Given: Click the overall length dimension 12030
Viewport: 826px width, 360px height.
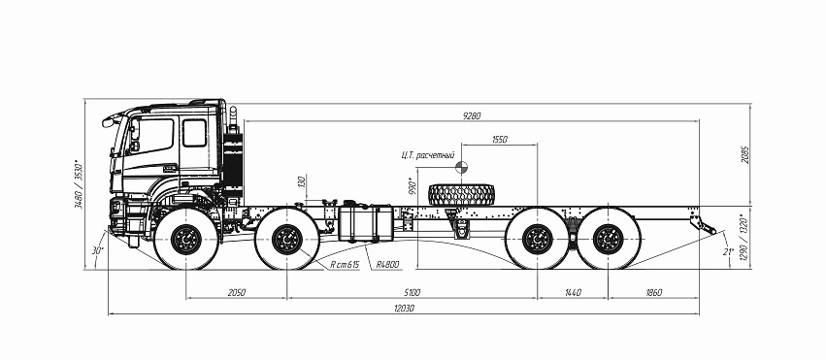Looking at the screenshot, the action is click(x=404, y=309).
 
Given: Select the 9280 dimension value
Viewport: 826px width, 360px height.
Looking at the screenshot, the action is click(x=472, y=115).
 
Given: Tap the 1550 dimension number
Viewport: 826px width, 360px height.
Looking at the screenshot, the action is click(x=500, y=140).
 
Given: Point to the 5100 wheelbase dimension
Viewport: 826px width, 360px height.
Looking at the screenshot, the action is click(x=412, y=293).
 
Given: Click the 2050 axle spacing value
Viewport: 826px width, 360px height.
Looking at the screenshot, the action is click(x=237, y=293).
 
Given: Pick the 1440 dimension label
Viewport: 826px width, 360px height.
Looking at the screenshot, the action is click(x=573, y=293).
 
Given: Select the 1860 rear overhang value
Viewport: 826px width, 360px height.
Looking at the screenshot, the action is click(x=653, y=293).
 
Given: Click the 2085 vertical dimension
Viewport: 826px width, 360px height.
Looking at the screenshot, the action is click(x=746, y=154).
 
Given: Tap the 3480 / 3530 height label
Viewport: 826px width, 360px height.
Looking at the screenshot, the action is click(x=80, y=184).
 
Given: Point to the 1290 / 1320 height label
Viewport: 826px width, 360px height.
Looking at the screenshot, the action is click(x=744, y=240).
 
